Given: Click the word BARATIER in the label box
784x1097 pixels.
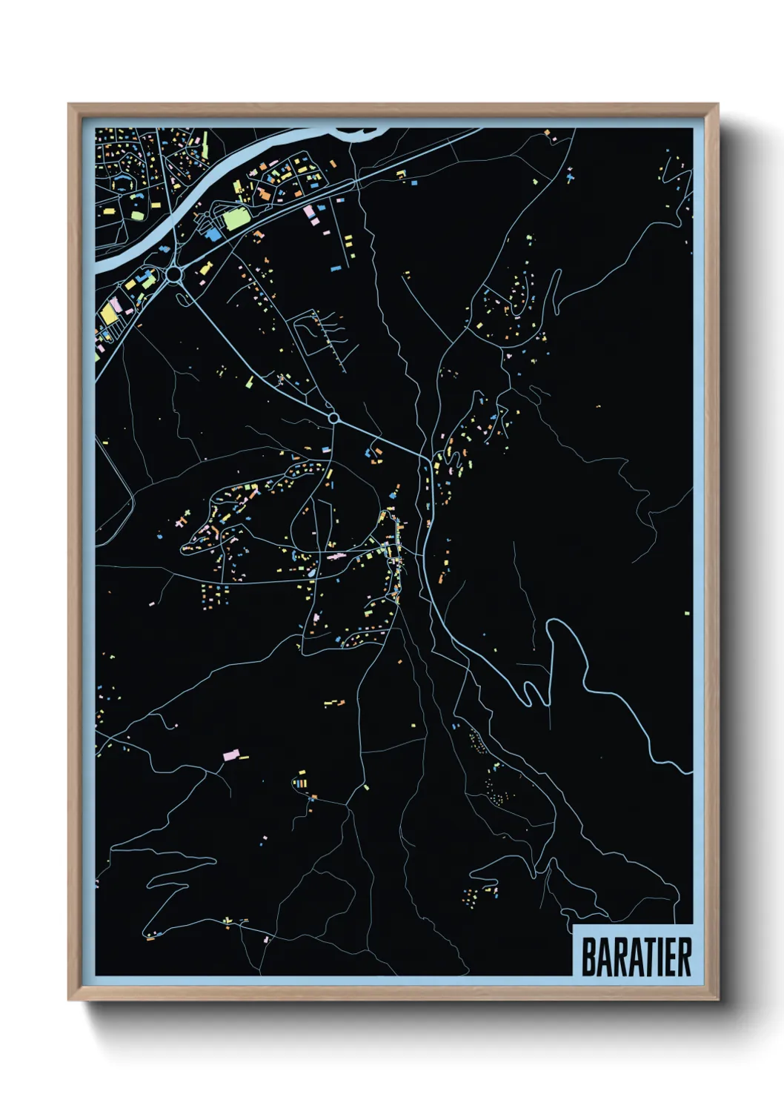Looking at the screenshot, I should (x=636, y=957).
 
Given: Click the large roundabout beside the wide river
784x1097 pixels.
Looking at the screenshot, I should (x=175, y=275).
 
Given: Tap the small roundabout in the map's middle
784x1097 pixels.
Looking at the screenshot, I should (x=333, y=419).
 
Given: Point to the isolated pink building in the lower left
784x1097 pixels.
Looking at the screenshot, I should (x=230, y=755).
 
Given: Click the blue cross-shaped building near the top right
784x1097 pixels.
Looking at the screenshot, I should (x=569, y=176).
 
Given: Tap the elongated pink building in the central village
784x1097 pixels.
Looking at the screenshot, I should (x=336, y=556).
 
